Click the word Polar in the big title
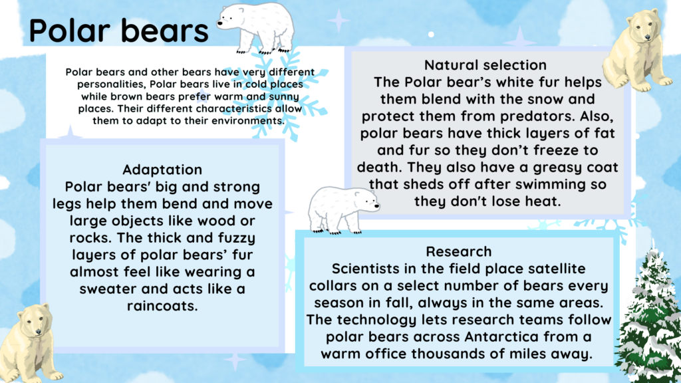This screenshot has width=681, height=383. pos(70,31)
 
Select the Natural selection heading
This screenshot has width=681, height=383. pos(485,65)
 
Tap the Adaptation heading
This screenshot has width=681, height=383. pos(162,170)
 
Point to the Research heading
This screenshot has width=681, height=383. pos(459,251)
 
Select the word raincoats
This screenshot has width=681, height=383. pos(162,306)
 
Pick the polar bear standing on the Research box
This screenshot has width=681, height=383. pos(342,209)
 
